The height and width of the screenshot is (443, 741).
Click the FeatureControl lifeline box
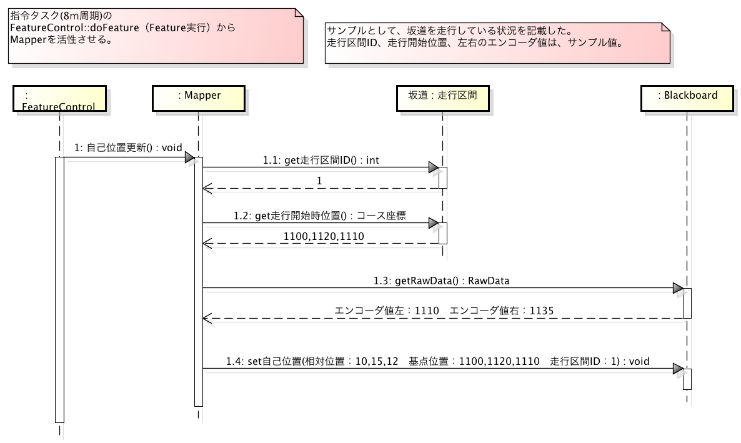(x=59, y=98)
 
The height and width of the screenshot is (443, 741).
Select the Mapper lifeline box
(x=199, y=98)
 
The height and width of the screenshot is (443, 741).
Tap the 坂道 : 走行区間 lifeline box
(x=443, y=98)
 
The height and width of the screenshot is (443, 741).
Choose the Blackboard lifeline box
(x=687, y=98)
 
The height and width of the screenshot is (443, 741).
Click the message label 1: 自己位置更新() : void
(x=128, y=147)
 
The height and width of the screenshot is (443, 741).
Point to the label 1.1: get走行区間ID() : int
(x=321, y=161)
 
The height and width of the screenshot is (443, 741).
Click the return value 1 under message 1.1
(x=319, y=181)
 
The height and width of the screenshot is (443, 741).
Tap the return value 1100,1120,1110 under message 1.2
(x=324, y=236)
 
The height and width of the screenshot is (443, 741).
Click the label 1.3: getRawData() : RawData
(x=441, y=281)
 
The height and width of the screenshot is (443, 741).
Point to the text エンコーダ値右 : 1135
(x=502, y=311)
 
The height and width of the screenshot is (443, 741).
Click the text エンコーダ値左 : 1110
(x=387, y=311)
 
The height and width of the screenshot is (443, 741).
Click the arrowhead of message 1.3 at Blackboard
(x=678, y=287)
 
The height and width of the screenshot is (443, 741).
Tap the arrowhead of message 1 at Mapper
(x=189, y=157)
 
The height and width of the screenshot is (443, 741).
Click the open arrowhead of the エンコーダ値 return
(x=207, y=318)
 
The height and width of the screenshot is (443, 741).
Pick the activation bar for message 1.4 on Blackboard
(x=687, y=379)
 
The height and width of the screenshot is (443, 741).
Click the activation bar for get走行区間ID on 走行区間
(x=443, y=178)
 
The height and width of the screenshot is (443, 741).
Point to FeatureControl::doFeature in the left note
(x=75, y=27)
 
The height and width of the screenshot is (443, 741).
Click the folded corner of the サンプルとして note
(x=666, y=27)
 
